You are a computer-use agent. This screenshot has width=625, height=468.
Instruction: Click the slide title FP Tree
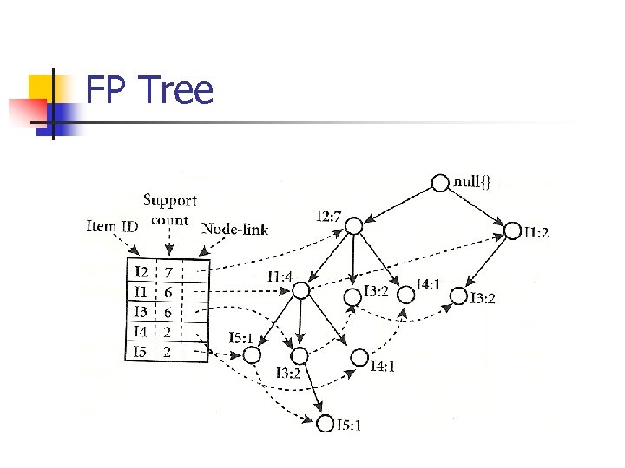(149, 90)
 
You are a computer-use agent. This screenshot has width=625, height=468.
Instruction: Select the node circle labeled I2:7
(353, 225)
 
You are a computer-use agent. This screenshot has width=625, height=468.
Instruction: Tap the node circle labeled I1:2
(513, 231)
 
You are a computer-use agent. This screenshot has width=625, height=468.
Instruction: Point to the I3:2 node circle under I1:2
(457, 296)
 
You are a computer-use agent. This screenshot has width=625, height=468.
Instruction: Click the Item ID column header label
(112, 226)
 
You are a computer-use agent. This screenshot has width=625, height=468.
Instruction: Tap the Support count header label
(170, 210)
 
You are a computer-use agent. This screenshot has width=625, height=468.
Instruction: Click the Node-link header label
(234, 230)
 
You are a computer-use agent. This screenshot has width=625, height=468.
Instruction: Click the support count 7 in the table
(169, 272)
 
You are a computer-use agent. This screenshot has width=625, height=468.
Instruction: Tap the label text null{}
(473, 182)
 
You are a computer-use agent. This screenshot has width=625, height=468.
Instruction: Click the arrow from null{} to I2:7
(398, 204)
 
